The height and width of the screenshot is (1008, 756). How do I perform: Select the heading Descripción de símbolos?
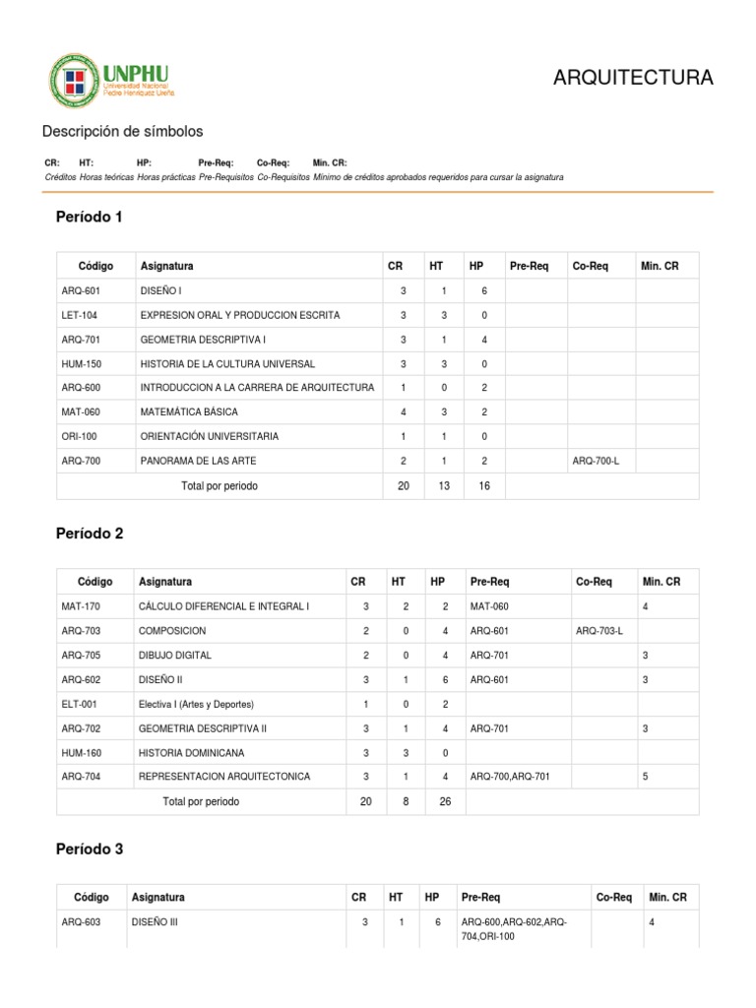122,132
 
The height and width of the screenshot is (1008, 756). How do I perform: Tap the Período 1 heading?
90,217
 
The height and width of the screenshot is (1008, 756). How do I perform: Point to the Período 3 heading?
90,849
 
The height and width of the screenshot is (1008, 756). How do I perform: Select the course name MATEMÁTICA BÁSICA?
189,411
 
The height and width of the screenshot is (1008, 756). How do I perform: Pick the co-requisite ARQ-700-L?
596,460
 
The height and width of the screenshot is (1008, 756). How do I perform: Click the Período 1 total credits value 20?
403,485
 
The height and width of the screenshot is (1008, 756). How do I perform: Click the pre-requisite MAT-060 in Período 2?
489,606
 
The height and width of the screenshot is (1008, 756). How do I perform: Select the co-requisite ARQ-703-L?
599,630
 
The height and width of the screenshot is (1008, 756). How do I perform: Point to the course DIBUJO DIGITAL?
175,655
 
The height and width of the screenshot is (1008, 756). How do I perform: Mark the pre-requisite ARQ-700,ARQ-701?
510,777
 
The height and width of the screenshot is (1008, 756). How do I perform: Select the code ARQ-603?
81,923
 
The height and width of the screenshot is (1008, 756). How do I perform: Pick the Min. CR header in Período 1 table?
659,266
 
